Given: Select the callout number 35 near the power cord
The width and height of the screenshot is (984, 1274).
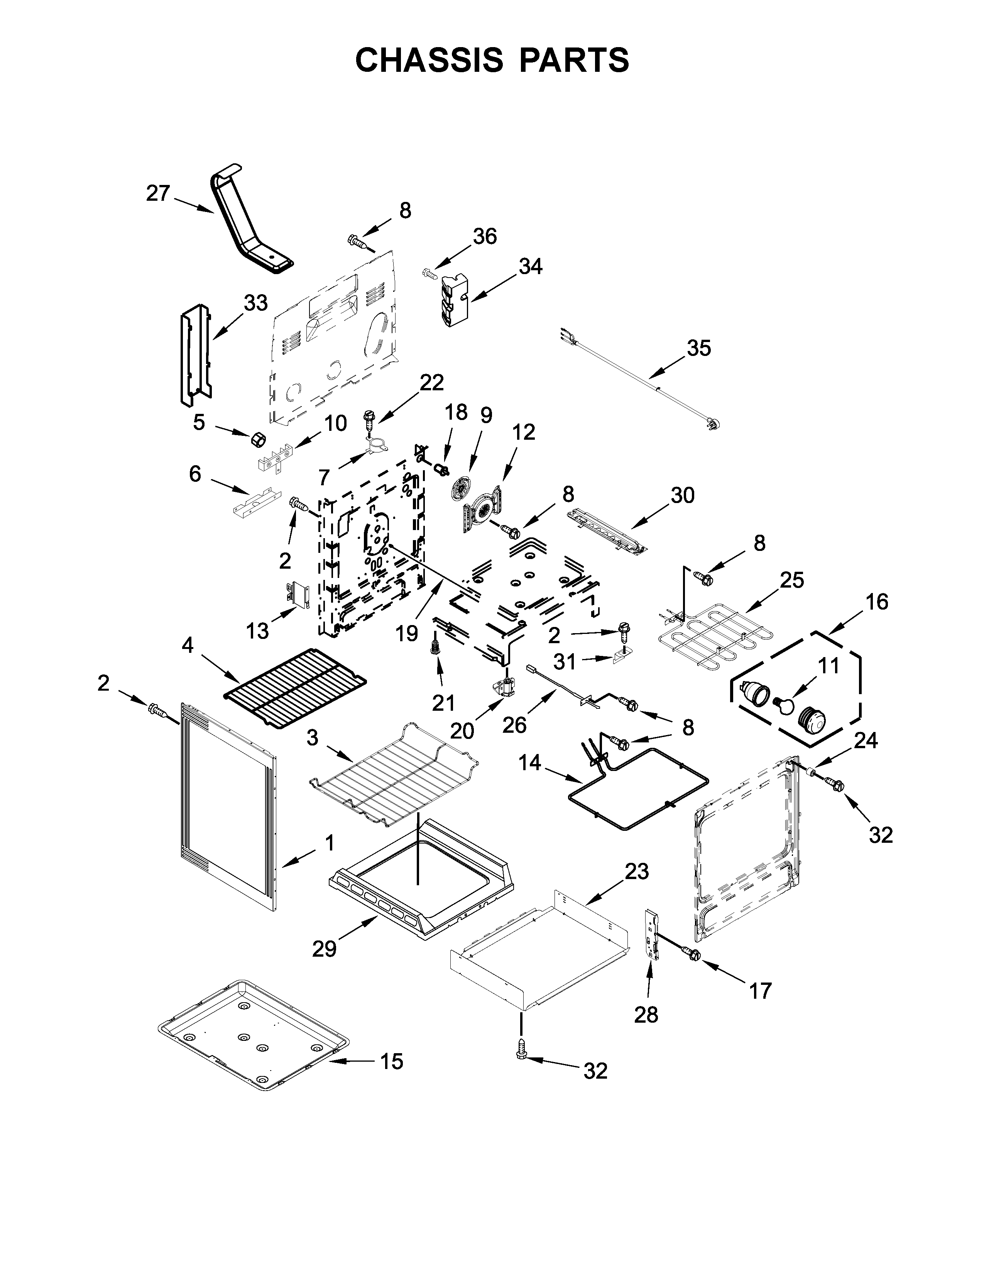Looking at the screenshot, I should [x=699, y=348].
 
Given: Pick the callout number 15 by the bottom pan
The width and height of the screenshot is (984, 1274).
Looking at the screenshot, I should [x=392, y=1061].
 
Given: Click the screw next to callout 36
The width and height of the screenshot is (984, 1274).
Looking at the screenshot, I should [x=429, y=273].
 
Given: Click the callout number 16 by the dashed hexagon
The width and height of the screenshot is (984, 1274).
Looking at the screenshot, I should [x=877, y=601].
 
